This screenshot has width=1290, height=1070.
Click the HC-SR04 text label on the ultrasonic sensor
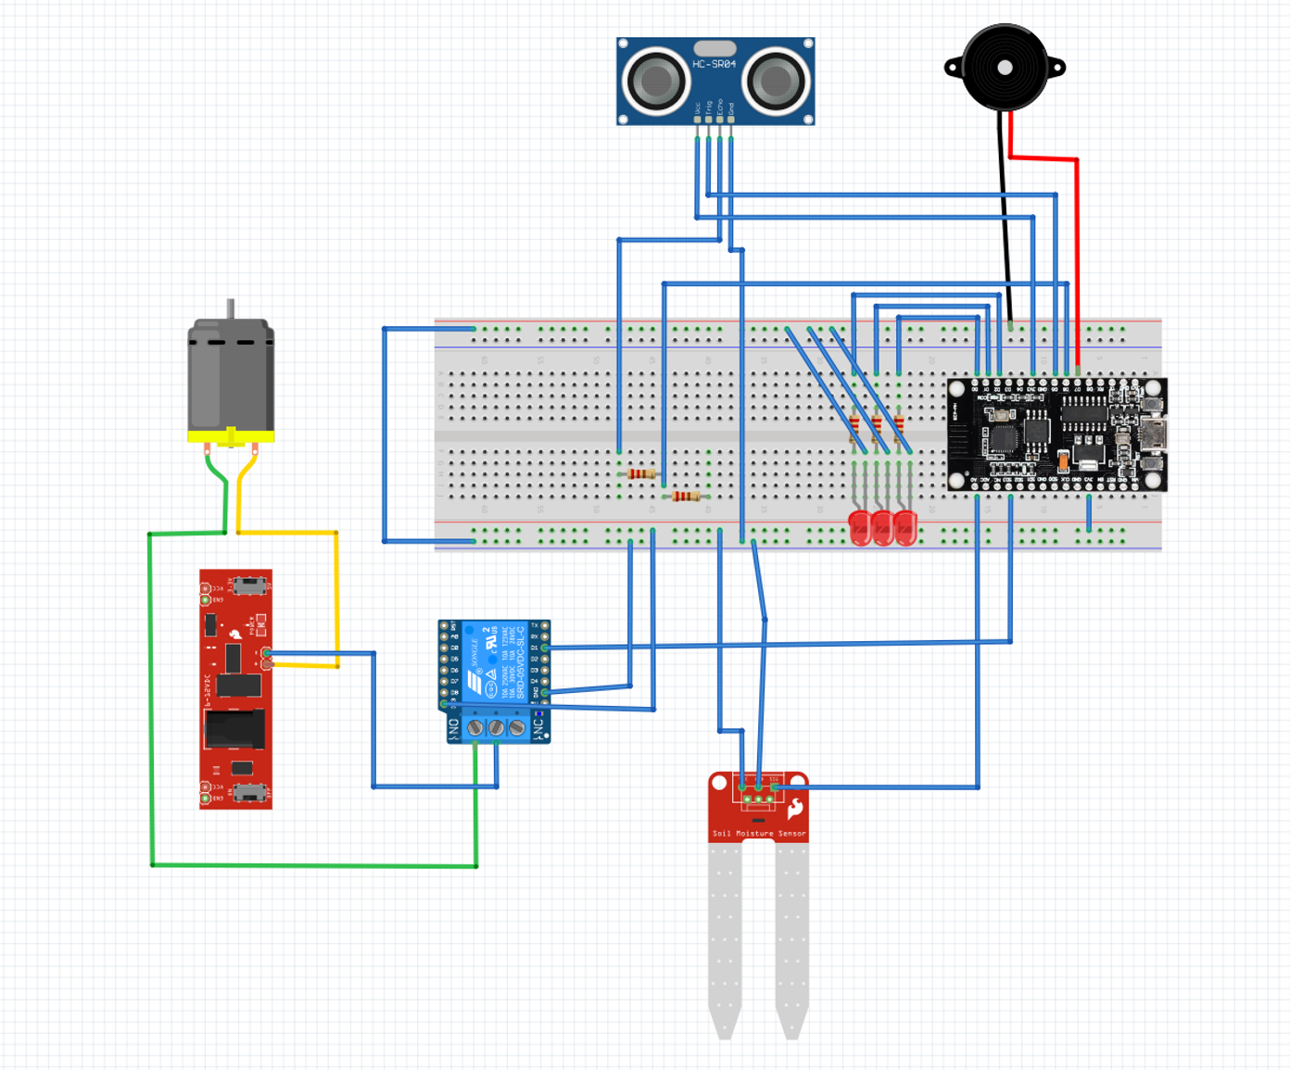pyautogui.click(x=714, y=64)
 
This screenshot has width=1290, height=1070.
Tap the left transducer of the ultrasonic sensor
pyautogui.click(x=656, y=80)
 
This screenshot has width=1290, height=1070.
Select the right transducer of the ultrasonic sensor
pyautogui.click(x=775, y=81)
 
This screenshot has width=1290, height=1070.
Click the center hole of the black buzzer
pyautogui.click(x=1005, y=67)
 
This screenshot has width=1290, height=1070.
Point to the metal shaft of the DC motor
pyautogui.click(x=231, y=309)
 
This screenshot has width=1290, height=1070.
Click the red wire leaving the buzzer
pyautogui.click(x=1043, y=158)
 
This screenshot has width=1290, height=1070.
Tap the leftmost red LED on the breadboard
pyautogui.click(x=860, y=528)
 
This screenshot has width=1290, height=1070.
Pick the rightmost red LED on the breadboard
pyautogui.click(x=905, y=528)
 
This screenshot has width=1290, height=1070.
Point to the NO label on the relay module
pyautogui.click(x=453, y=729)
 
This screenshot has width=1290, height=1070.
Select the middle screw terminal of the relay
pyautogui.click(x=496, y=728)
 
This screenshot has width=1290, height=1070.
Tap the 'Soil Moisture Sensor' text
pyautogui.click(x=758, y=834)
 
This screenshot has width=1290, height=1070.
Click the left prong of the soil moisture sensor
pyautogui.click(x=725, y=936)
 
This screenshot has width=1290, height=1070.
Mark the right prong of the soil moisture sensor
pyautogui.click(x=791, y=936)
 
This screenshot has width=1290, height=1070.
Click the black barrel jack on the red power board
pyautogui.click(x=234, y=728)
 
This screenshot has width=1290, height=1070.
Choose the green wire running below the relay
pyautogui.click(x=315, y=865)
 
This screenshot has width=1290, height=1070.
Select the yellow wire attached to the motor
pyautogui.click(x=287, y=533)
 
